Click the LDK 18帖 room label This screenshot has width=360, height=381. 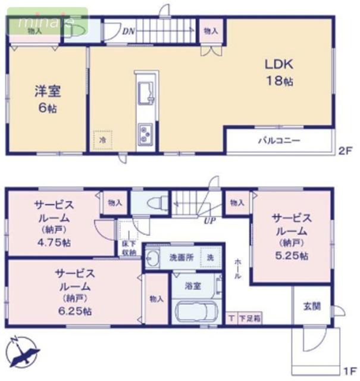tap(278, 72)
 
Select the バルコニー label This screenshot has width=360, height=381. tap(278, 141)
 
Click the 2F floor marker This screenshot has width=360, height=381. tap(346, 151)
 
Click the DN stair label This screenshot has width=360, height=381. tap(128, 32)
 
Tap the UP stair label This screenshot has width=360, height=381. tap(209, 221)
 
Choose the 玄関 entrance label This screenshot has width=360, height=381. tap(312, 307)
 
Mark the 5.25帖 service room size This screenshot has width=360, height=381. tap(292, 255)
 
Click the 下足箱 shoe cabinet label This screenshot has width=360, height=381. tap(249, 319)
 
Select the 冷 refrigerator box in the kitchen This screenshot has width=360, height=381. tap(102, 139)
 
